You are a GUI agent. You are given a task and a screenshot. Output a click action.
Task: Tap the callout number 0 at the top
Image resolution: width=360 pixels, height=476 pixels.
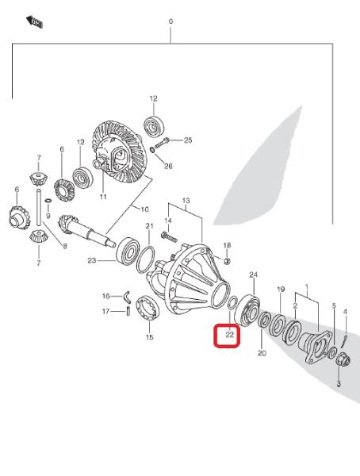(x=171, y=21)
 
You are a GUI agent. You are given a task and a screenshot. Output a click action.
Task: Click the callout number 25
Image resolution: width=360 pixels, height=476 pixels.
(x=188, y=140)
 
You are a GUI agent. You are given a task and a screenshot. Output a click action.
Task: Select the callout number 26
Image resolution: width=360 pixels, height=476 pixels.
(x=168, y=166)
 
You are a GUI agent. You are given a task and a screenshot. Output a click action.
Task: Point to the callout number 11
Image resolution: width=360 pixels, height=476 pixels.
(x=103, y=197)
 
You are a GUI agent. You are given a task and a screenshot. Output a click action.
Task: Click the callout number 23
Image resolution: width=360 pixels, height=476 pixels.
(x=92, y=260)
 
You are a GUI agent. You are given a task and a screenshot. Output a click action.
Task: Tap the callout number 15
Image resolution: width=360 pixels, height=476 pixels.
(x=150, y=337)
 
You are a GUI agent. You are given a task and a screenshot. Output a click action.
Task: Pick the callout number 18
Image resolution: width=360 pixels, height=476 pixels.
(x=227, y=245)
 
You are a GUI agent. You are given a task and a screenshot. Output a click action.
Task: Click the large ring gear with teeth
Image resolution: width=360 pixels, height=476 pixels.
(x=120, y=152)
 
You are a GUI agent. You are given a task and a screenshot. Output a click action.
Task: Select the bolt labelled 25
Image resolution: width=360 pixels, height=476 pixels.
(x=162, y=143)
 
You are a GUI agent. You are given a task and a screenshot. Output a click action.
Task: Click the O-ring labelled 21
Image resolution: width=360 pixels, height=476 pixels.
(x=145, y=260)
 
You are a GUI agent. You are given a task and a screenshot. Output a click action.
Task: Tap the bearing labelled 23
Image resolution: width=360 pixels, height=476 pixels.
(x=128, y=251)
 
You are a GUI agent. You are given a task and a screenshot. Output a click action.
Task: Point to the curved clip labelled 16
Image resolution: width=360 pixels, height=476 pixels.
(x=127, y=297)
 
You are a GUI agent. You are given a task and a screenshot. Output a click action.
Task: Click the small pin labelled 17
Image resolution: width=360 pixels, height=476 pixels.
(x=128, y=312)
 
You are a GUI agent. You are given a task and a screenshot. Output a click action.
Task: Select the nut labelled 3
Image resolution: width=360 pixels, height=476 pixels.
(x=344, y=361)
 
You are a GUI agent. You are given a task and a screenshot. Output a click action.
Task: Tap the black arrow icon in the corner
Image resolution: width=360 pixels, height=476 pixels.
(x=34, y=22)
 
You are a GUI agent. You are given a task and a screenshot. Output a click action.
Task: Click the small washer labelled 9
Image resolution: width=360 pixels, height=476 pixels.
(x=48, y=201)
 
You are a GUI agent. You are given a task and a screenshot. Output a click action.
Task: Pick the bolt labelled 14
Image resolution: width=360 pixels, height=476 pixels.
(x=170, y=236)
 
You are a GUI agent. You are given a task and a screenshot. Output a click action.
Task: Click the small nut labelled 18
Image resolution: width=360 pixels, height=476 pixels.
(x=227, y=260)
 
